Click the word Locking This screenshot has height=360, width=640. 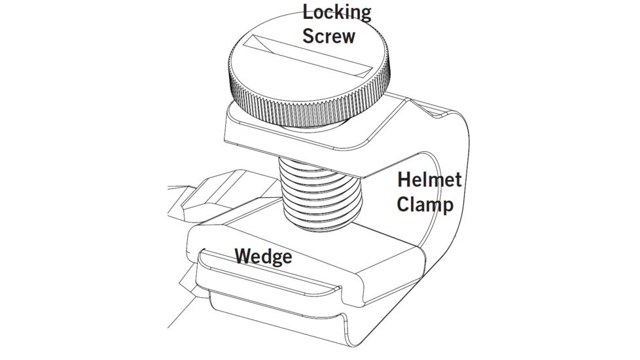coord(336,12)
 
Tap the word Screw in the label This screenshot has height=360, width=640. coord(329,35)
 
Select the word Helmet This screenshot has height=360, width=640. coord(429,179)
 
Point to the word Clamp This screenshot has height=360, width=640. coord(425,204)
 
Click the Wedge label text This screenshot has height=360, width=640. coord(263,255)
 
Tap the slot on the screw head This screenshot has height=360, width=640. coord(308,55)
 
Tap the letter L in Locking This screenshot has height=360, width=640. coord(307,12)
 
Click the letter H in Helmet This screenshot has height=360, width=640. coord(403,179)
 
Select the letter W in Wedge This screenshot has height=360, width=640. coord(244,255)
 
